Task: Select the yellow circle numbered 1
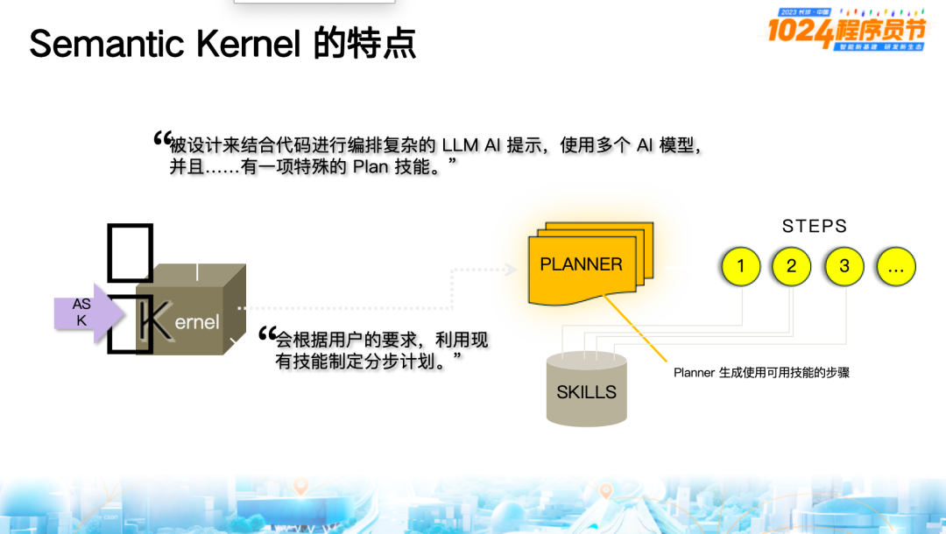click(x=742, y=266)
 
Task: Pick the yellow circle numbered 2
click(x=792, y=266)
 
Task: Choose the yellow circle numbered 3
click(x=844, y=266)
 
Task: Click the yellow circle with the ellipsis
click(x=895, y=266)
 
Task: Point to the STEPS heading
click(x=815, y=227)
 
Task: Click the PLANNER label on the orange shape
click(x=582, y=264)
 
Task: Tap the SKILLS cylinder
click(x=587, y=392)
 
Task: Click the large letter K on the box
click(x=154, y=321)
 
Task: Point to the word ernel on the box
click(x=197, y=322)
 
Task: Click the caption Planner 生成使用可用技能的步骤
click(x=761, y=373)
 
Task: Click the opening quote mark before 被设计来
click(x=161, y=138)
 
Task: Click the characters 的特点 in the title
click(x=364, y=43)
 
